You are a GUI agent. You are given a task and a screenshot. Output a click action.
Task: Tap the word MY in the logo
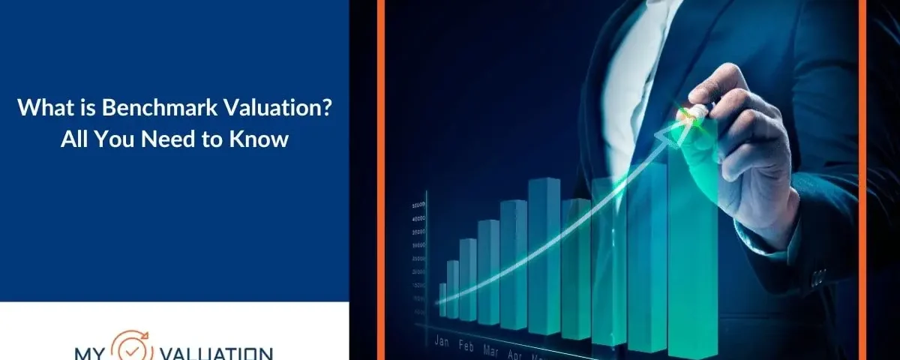click(89, 352)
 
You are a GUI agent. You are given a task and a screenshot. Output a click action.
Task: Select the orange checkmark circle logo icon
click(133, 346)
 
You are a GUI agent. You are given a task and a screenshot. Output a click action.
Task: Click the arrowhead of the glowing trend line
click(668, 133)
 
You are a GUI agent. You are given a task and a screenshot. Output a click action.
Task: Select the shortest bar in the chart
click(442, 300)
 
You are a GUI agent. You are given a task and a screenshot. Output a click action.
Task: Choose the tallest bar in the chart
click(691, 240)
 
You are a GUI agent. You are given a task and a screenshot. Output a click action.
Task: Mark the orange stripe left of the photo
click(382, 180)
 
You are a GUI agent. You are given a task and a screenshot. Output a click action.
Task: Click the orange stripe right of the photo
click(862, 180)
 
